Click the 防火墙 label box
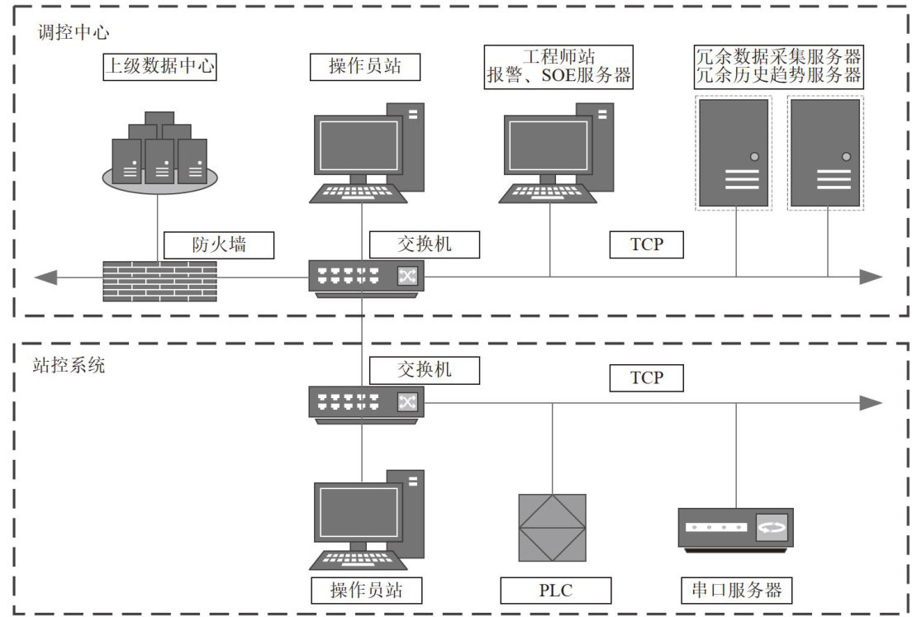(x=218, y=245)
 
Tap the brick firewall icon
(x=159, y=280)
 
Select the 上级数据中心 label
(x=159, y=66)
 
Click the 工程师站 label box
(x=559, y=67)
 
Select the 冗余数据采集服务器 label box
(x=778, y=67)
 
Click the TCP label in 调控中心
(x=647, y=245)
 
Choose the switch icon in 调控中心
(x=367, y=276)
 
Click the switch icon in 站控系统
(x=367, y=401)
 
